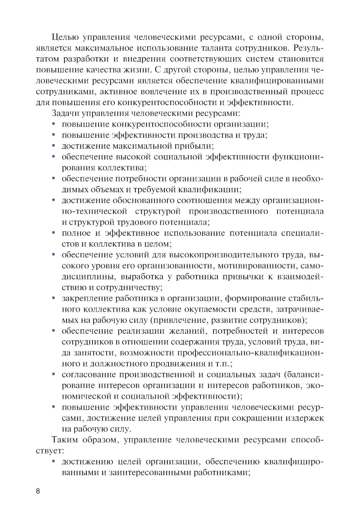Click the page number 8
pos(38,491)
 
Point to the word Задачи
pos(65,113)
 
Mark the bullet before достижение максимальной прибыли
pos(54,146)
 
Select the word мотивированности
pos(257,266)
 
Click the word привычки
pos(242,276)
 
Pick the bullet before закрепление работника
pos(54,298)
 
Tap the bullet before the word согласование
pos(54,374)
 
